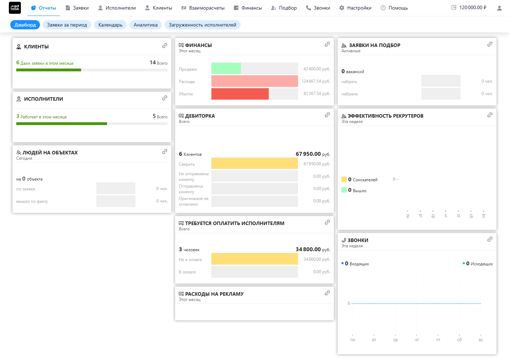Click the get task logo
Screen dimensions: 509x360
click(x=15, y=8)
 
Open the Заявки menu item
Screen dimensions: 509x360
click(x=77, y=8)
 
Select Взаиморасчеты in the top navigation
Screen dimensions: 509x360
click(x=203, y=8)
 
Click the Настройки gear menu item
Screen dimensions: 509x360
click(x=355, y=8)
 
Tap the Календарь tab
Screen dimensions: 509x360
click(x=110, y=25)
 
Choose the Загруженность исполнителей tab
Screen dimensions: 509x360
click(x=203, y=25)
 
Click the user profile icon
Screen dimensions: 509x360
click(x=499, y=8)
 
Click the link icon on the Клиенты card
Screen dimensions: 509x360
click(x=164, y=46)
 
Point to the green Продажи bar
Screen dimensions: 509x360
click(x=226, y=68)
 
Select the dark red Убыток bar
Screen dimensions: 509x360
click(x=240, y=94)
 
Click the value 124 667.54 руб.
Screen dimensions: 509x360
click(x=316, y=81)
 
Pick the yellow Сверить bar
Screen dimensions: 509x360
click(x=255, y=163)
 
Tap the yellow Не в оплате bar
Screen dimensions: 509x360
click(x=255, y=259)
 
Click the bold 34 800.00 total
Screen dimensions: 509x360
click(x=308, y=249)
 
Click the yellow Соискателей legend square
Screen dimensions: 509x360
click(x=344, y=179)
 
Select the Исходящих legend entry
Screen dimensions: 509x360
click(x=478, y=264)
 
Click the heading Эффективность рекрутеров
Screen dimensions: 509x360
click(x=385, y=116)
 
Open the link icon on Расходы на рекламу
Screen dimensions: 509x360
click(x=327, y=293)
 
